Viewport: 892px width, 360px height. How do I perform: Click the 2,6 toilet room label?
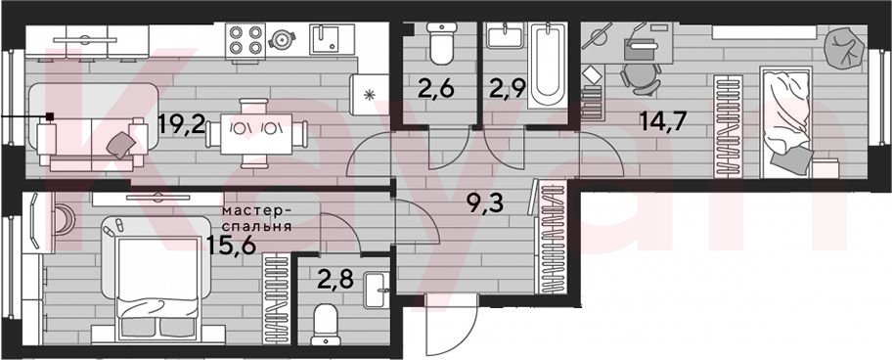point(437,89)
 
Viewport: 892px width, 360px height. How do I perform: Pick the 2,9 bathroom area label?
point(507,89)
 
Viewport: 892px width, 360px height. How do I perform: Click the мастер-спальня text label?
point(257,218)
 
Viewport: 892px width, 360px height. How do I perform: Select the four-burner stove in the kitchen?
point(245,40)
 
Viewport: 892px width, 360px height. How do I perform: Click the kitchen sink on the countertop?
point(329,39)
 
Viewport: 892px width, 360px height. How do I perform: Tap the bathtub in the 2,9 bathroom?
point(548,65)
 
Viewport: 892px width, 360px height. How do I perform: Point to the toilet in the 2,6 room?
point(440,43)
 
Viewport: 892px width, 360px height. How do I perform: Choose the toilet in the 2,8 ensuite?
point(327,325)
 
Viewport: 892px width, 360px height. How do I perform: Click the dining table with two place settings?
point(256,134)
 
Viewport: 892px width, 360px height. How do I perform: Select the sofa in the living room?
point(93,127)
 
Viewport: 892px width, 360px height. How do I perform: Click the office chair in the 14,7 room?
point(641,78)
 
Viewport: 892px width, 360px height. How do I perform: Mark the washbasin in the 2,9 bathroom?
point(505,35)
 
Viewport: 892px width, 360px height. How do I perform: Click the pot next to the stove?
point(282,39)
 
